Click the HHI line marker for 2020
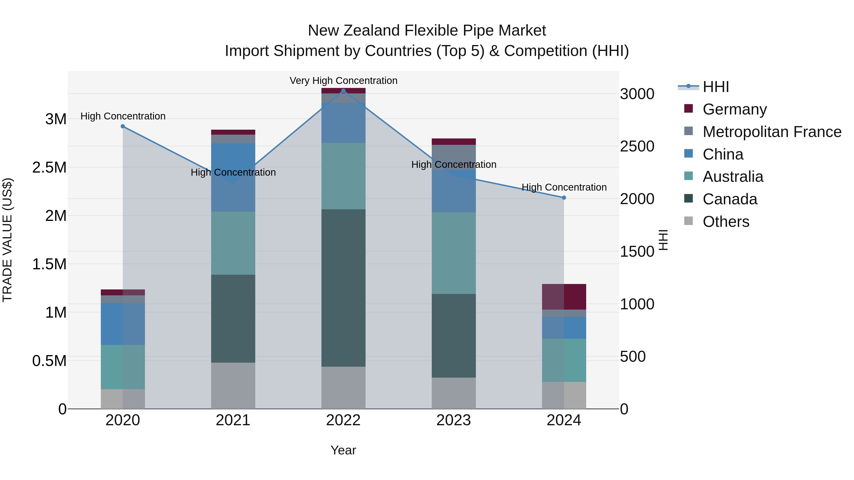coord(123,126)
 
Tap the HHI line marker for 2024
coord(564,198)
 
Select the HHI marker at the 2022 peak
coord(343,91)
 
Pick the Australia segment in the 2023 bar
coord(454,253)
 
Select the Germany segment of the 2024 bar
coord(564,297)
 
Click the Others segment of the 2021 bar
coord(233,386)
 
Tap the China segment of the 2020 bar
coord(123,324)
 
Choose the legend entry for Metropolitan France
coord(771,132)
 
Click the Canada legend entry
coord(730,199)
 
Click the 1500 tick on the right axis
coord(637,252)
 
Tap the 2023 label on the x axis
coord(454,420)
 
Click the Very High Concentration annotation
coord(343,81)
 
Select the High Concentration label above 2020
coord(123,116)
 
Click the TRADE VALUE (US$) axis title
coord(7,240)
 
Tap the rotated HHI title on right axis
coord(663,240)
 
